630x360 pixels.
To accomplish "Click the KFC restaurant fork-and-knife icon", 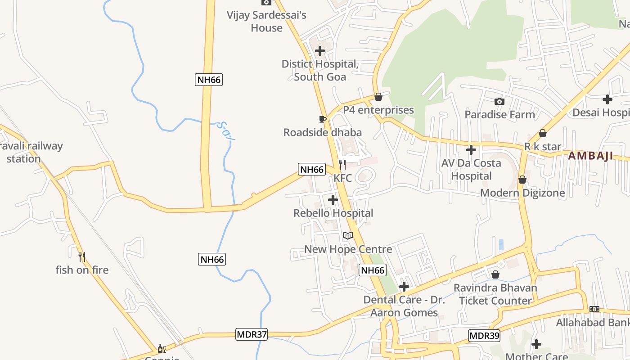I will pyautogui.click(x=342, y=165).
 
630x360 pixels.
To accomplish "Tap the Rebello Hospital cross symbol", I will pyautogui.click(x=333, y=200).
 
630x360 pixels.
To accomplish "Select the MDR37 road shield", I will pyautogui.click(x=252, y=335).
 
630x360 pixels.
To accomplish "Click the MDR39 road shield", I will pyautogui.click(x=484, y=336).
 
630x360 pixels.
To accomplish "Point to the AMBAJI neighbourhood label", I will pyautogui.click(x=590, y=156).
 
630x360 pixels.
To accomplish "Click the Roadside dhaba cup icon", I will pyautogui.click(x=322, y=119).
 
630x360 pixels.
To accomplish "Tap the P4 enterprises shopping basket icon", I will pyautogui.click(x=378, y=97).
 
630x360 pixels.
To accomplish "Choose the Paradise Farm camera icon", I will pyautogui.click(x=499, y=101).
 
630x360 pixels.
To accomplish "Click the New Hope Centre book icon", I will pyautogui.click(x=348, y=235).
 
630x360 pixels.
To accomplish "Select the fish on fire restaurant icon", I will pyautogui.click(x=82, y=257).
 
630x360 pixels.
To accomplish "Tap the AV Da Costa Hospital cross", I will pyautogui.click(x=471, y=149).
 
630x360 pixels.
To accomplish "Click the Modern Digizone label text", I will pyautogui.click(x=522, y=193).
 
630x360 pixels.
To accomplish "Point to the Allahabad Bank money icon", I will pyautogui.click(x=594, y=309).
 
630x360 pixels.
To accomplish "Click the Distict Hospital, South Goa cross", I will pyautogui.click(x=320, y=51).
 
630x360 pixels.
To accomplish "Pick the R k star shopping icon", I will pyautogui.click(x=543, y=134).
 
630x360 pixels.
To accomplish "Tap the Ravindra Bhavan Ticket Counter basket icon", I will pyautogui.click(x=495, y=274).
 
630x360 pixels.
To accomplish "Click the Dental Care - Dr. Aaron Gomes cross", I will pyautogui.click(x=404, y=286).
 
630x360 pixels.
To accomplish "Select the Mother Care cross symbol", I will pyautogui.click(x=536, y=344).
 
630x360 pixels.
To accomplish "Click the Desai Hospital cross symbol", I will pyautogui.click(x=607, y=99).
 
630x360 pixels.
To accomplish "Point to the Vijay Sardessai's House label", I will pyautogui.click(x=267, y=21).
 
